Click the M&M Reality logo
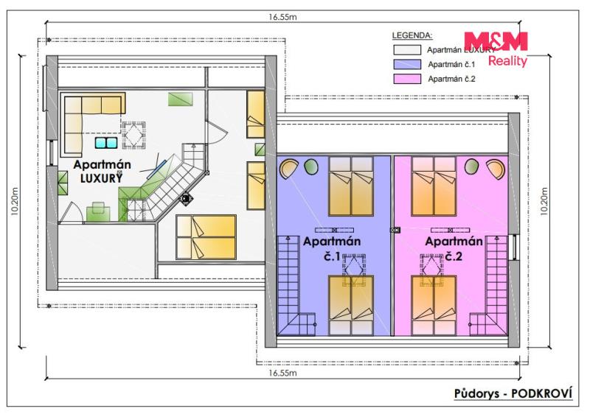coord(496,49)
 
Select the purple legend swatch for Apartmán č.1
coord(407,64)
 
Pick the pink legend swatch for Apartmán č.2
coord(407,79)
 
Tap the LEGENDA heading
coord(412,35)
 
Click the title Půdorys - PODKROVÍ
coord(513,393)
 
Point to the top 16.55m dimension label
coord(282,17)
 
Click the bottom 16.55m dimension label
coord(282,373)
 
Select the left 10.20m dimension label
coord(15,201)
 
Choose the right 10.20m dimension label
coord(544,201)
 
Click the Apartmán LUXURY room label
coord(102,172)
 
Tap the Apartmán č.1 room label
coord(332,248)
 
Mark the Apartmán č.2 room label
coord(454,248)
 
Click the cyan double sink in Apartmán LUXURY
coord(106,143)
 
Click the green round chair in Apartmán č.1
coord(311,166)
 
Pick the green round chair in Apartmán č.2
coord(471,166)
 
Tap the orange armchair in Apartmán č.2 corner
coord(496,169)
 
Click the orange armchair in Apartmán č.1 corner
coord(288,169)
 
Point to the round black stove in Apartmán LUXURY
coord(187,198)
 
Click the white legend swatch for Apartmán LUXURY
coord(407,49)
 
